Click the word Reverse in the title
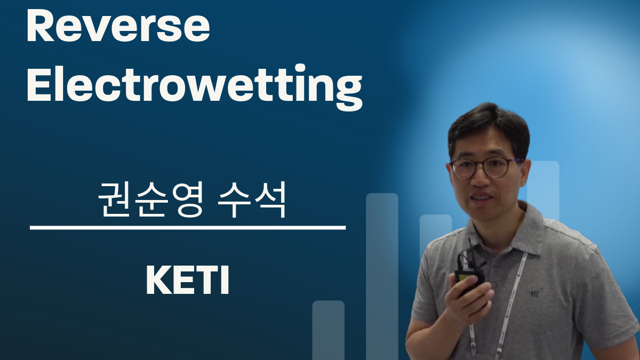tap(118, 26)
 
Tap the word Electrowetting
tap(195, 87)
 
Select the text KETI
tap(187, 280)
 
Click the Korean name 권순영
tap(150, 199)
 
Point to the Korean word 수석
tap(252, 199)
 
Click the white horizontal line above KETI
tap(188, 228)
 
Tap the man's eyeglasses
tap(486, 167)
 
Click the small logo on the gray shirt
tap(534, 293)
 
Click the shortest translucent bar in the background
tap(329, 330)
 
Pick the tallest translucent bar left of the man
tap(382, 276)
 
